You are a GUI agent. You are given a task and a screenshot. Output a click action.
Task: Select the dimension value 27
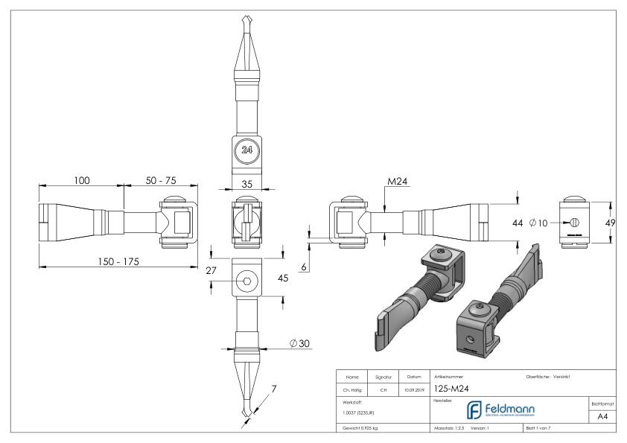click(x=211, y=271)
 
